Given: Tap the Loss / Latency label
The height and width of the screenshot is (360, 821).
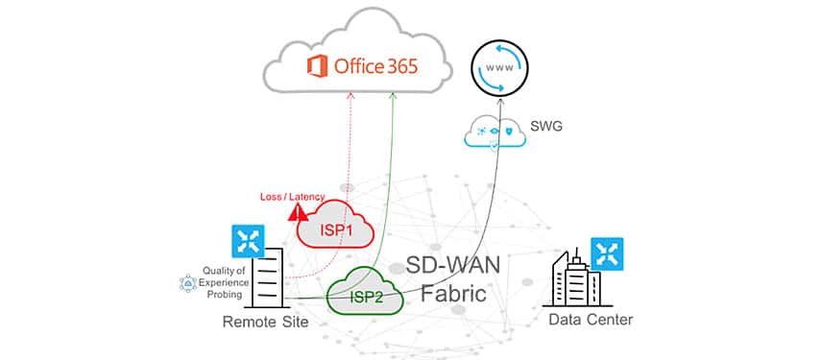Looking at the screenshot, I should pyautogui.click(x=290, y=197).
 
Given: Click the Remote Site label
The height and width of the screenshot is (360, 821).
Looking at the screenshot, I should pyautogui.click(x=265, y=322).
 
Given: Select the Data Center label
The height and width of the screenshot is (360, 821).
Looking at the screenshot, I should pyautogui.click(x=590, y=318).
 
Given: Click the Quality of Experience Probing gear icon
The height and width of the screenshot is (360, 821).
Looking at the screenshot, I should pyautogui.click(x=188, y=283).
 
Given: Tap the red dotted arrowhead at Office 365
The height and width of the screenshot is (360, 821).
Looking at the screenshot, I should pyautogui.click(x=351, y=94).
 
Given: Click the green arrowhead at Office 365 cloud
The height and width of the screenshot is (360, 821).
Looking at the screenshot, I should pyautogui.click(x=393, y=95).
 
